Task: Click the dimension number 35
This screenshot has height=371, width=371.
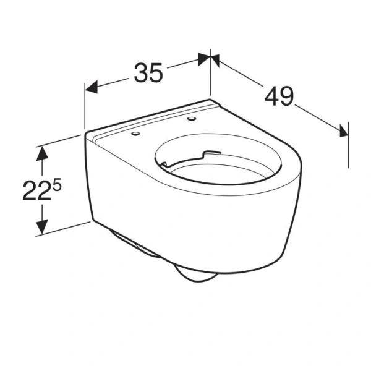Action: (148, 73)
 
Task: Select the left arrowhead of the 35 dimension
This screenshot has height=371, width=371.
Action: (92, 88)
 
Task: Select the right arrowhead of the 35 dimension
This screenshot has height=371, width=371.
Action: (203, 59)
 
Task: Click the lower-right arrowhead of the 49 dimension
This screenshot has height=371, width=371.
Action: (342, 129)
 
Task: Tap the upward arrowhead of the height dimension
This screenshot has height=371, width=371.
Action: (41, 152)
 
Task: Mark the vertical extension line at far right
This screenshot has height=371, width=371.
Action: (348, 145)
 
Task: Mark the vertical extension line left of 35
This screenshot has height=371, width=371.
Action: (85, 108)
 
